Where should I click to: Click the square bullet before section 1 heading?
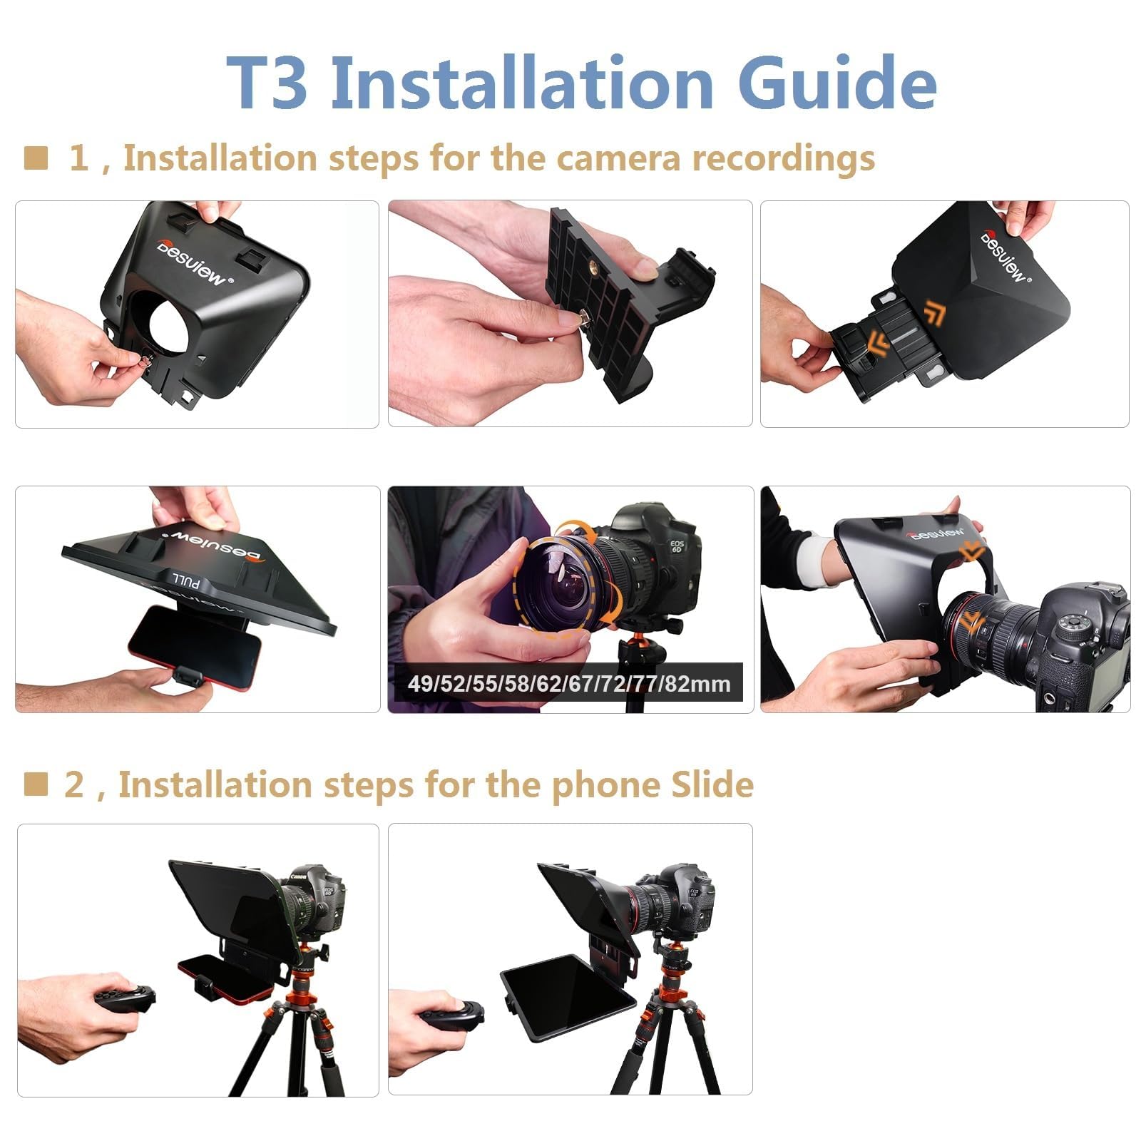pos(36,158)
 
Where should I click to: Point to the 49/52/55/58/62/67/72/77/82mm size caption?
pos(568,684)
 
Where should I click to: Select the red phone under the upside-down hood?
pos(193,645)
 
